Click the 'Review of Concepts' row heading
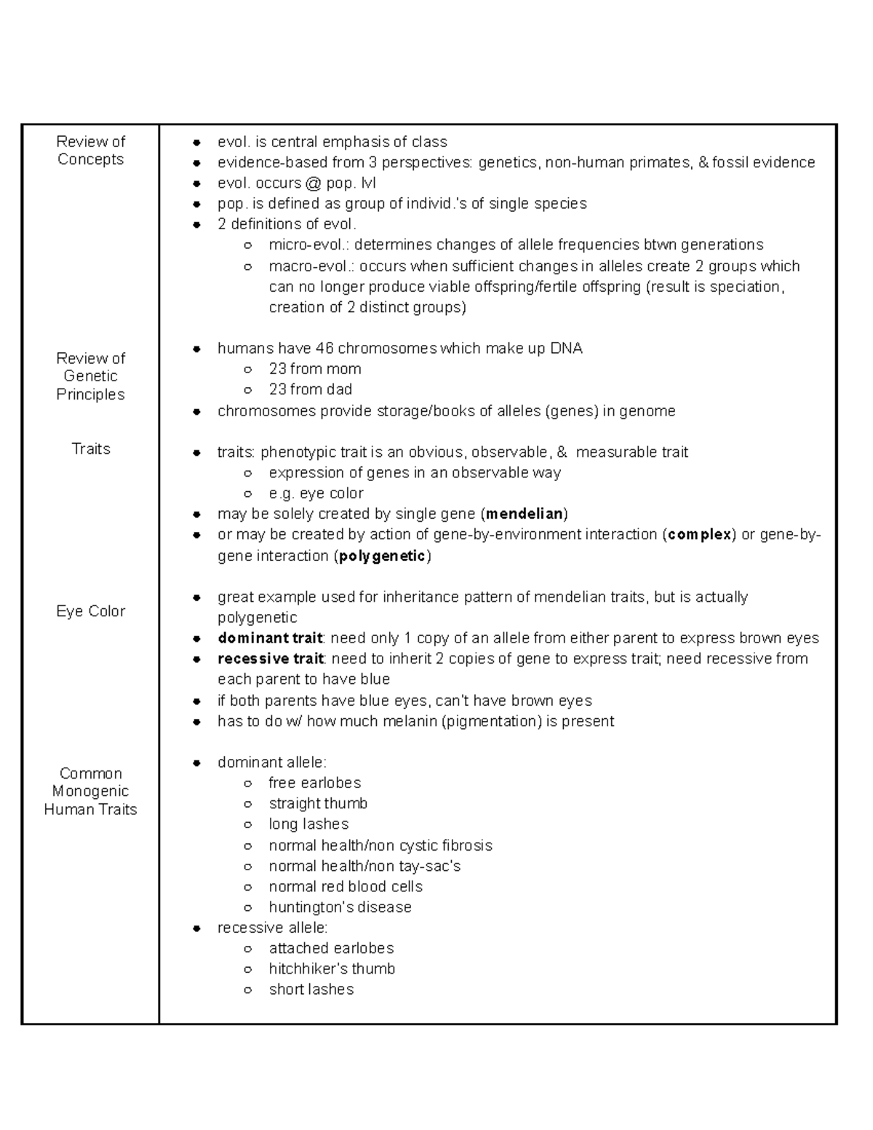[90, 151]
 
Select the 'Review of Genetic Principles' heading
[90, 376]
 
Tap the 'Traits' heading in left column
[91, 449]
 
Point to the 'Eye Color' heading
[91, 611]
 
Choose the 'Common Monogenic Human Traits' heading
[90, 792]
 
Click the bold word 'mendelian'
[524, 514]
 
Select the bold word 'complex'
[699, 535]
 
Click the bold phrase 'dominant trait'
[270, 639]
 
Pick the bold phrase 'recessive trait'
[271, 659]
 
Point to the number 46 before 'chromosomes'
[324, 349]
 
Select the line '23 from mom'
[315, 369]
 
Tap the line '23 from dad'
[311, 389]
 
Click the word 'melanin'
[411, 722]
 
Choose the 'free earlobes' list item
[315, 783]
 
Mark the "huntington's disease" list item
[340, 907]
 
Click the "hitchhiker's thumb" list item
[332, 969]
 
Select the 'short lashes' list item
[311, 990]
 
